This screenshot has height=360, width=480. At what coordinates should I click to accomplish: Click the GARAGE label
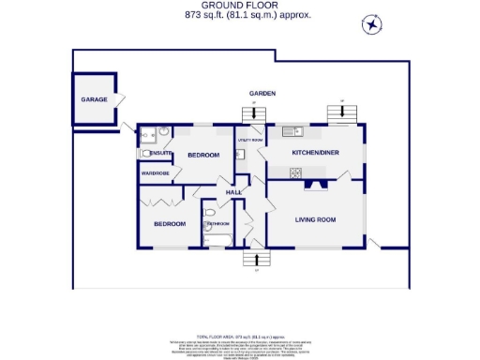point(93,99)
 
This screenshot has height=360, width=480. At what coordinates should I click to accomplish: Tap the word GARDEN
point(262,95)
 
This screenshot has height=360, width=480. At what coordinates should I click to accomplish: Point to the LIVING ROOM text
point(315,220)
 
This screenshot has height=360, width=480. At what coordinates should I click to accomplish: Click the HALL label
point(233,192)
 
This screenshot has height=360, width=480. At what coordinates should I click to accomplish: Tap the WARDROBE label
point(155,173)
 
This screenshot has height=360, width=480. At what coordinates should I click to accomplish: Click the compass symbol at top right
point(372,25)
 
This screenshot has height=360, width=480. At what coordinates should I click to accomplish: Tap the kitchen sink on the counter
point(290,130)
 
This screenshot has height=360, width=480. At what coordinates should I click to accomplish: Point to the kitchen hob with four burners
point(297,172)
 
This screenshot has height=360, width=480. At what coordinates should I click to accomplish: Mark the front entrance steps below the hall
point(254,260)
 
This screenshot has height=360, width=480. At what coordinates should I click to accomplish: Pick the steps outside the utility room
point(250,114)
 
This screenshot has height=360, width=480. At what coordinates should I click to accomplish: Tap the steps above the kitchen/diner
point(342,113)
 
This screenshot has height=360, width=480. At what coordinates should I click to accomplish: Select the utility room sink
point(239,155)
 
